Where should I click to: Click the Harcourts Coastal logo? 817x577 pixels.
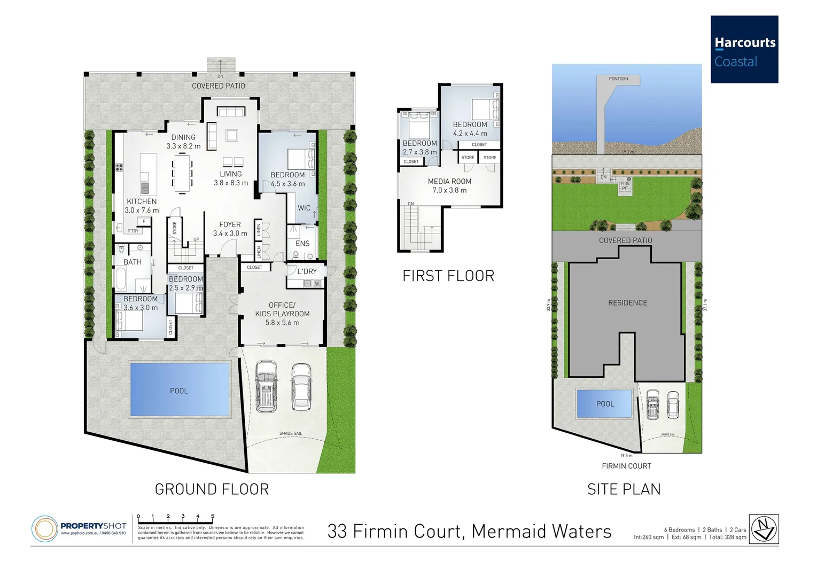click(x=744, y=50)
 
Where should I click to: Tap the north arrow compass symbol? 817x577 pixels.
click(x=764, y=529)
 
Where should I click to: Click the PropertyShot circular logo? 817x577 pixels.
click(x=44, y=529)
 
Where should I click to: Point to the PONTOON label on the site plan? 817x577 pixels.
click(x=618, y=79)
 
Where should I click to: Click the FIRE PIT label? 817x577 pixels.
click(x=625, y=185)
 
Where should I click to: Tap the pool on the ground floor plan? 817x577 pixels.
click(x=179, y=390)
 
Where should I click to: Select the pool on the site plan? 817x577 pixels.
click(x=604, y=403)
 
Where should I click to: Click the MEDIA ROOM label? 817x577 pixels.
click(x=449, y=182)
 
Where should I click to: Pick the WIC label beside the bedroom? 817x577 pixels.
click(x=304, y=208)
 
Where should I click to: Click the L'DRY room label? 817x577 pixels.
click(x=307, y=271)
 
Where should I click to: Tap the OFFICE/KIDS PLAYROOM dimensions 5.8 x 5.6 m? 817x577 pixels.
click(x=282, y=323)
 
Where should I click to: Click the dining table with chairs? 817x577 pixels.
click(x=182, y=173)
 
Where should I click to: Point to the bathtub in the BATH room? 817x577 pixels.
click(x=121, y=278)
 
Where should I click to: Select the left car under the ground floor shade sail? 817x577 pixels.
click(x=266, y=386)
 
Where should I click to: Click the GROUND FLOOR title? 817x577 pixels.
click(x=212, y=489)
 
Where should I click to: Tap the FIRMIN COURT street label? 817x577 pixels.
click(x=626, y=466)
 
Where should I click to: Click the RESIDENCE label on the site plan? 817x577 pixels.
click(x=627, y=303)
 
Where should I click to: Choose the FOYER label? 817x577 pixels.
click(x=230, y=224)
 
